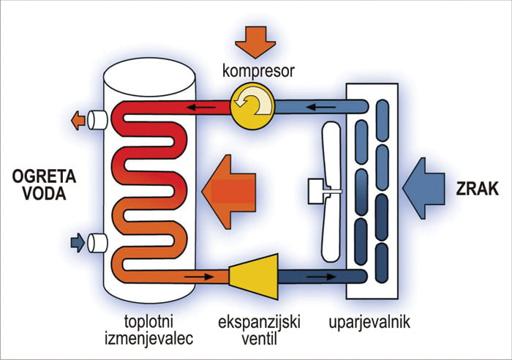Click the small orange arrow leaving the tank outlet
76,119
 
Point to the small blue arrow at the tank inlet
76,241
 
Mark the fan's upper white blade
334,150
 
